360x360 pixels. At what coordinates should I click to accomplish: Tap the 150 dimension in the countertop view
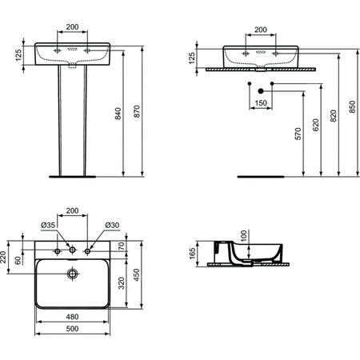coord(261,103)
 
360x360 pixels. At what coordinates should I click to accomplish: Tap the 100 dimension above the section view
coord(245,237)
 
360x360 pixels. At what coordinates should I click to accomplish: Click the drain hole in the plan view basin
coord(73,274)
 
